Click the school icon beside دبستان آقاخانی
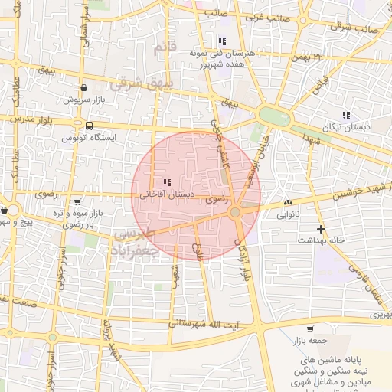tap(167, 182)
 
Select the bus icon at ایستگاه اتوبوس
tap(90, 126)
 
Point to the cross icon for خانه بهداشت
tap(321, 229)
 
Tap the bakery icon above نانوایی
tap(288, 203)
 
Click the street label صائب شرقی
tap(354, 28)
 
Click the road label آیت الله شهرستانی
tap(205, 324)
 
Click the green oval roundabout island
tap(273, 116)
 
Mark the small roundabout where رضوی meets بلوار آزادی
tap(236, 211)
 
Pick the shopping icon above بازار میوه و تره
tap(77, 201)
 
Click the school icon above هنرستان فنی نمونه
tap(222, 41)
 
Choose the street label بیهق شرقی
tap(142, 82)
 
